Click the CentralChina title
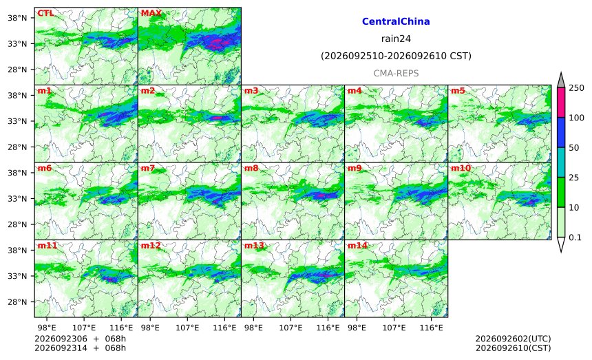coord(396,21)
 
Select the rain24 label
coord(396,39)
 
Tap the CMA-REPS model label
coord(396,73)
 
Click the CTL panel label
coord(45,13)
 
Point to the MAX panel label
coord(151,13)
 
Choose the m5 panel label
coord(458,91)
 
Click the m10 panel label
coord(461,168)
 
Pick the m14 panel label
coord(357,246)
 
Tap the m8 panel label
coord(251,168)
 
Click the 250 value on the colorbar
coord(577,88)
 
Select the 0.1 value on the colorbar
coord(575,237)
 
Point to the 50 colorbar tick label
coord(574,147)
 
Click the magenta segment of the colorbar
coord(561,103)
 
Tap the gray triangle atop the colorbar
coord(561,81)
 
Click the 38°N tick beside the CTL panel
coord(17,18)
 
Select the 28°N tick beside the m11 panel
coord(17,302)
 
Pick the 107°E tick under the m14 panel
coord(394,328)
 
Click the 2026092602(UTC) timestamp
coord(513,339)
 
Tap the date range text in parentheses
coord(396,56)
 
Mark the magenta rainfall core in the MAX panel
coord(216,43)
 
